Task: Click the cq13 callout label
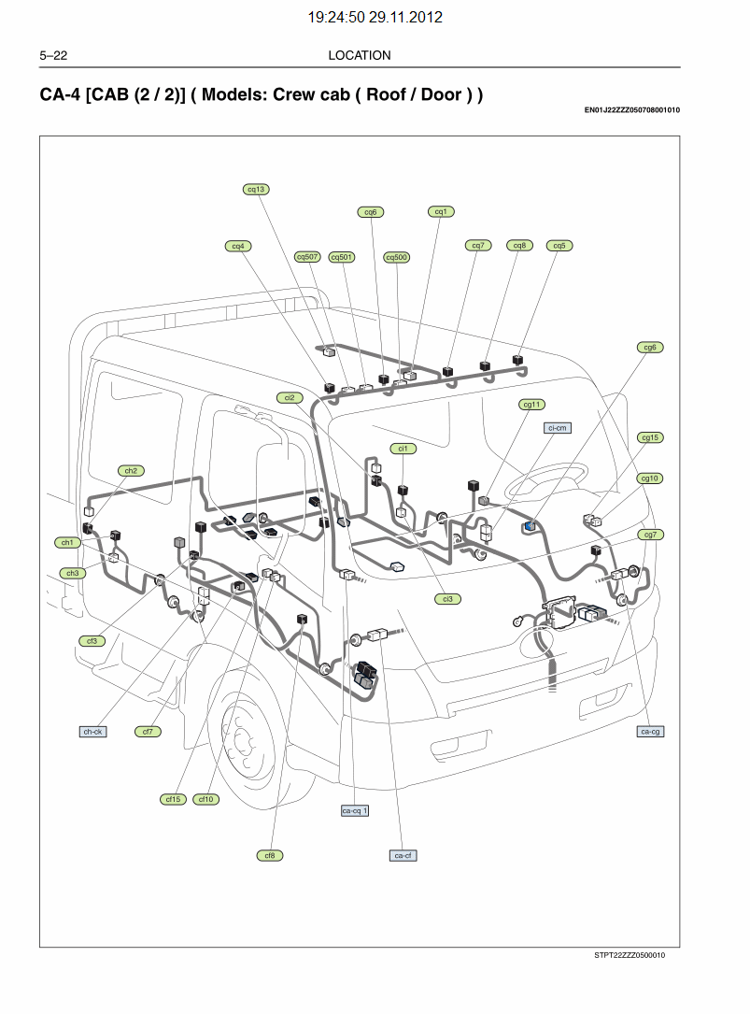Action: (x=256, y=189)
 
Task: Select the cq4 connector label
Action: (x=238, y=246)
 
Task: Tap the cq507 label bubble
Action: (x=307, y=257)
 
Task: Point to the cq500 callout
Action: (x=397, y=257)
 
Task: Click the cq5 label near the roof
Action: (x=559, y=246)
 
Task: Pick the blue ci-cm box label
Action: (x=558, y=427)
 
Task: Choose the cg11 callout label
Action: (x=531, y=405)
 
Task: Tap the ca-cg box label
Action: (x=651, y=731)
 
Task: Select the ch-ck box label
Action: (x=92, y=732)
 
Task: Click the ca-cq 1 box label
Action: (x=355, y=810)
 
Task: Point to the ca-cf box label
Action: (x=403, y=855)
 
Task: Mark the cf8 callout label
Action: (x=269, y=855)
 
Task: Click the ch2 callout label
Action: (x=131, y=471)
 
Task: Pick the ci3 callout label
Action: (x=447, y=598)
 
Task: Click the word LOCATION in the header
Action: (x=360, y=55)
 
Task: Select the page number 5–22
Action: (x=53, y=55)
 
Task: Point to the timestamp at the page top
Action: (x=375, y=17)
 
